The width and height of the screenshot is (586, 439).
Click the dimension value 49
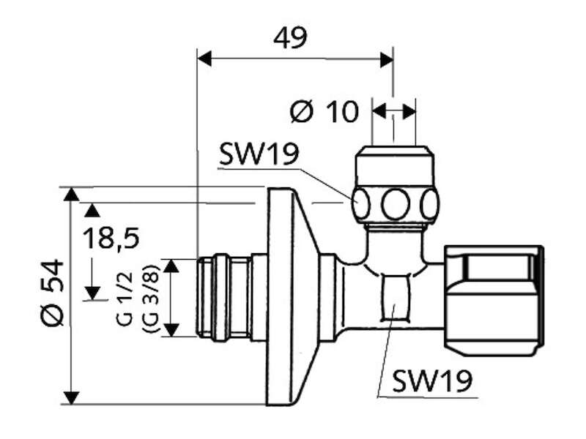point(290,37)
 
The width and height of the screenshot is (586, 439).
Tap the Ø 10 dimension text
point(324,111)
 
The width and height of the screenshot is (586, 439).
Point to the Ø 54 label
point(52,293)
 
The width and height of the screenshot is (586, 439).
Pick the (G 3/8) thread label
point(151,299)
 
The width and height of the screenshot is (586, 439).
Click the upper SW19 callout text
point(259,154)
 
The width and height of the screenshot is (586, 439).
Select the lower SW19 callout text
point(432,380)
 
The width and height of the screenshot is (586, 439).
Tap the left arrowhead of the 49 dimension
point(204,59)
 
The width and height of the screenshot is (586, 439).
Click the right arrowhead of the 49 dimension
point(386,59)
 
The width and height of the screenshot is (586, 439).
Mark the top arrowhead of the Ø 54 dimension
point(71,195)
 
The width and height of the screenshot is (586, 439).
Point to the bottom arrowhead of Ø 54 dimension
point(71,397)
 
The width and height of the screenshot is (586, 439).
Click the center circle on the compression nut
point(396,204)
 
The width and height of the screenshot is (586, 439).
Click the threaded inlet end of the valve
point(223,298)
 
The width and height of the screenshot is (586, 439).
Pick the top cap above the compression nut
point(394,167)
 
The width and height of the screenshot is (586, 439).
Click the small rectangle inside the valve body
point(396,298)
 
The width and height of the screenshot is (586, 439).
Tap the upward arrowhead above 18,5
point(92,210)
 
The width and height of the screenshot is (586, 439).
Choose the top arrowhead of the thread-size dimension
point(171,266)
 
